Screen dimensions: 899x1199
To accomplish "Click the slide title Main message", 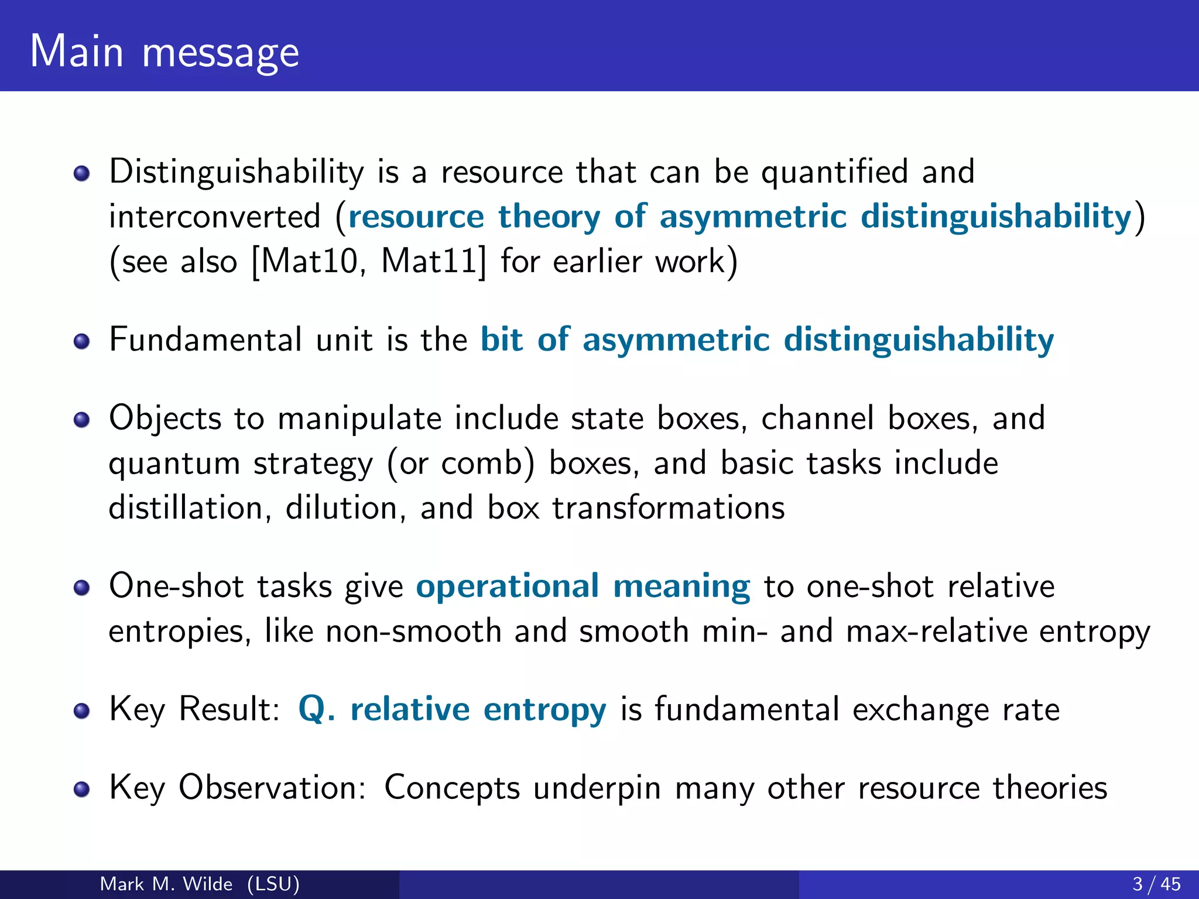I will click(x=164, y=52).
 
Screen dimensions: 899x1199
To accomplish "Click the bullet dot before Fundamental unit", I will click(x=82, y=341).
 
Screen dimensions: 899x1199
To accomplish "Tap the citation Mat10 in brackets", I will click(x=309, y=261).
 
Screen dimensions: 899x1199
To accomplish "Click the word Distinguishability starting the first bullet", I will click(x=237, y=172).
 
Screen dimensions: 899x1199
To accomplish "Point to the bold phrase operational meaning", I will click(x=583, y=586).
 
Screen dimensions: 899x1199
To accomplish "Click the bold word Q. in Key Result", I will click(x=316, y=709).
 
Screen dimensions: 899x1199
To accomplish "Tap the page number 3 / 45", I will click(x=1156, y=884).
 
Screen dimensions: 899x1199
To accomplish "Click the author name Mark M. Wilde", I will click(x=166, y=884).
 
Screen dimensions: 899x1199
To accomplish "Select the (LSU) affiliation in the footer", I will click(x=273, y=884).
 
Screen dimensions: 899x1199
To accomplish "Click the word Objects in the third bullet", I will click(x=165, y=419).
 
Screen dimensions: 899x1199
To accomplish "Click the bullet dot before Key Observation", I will click(x=82, y=790).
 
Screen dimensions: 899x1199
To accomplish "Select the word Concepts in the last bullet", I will click(x=452, y=788).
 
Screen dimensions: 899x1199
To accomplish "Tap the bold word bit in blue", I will click(x=502, y=339).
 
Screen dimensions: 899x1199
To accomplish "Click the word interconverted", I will click(x=215, y=217).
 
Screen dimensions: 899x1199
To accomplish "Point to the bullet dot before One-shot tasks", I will click(x=82, y=588).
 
